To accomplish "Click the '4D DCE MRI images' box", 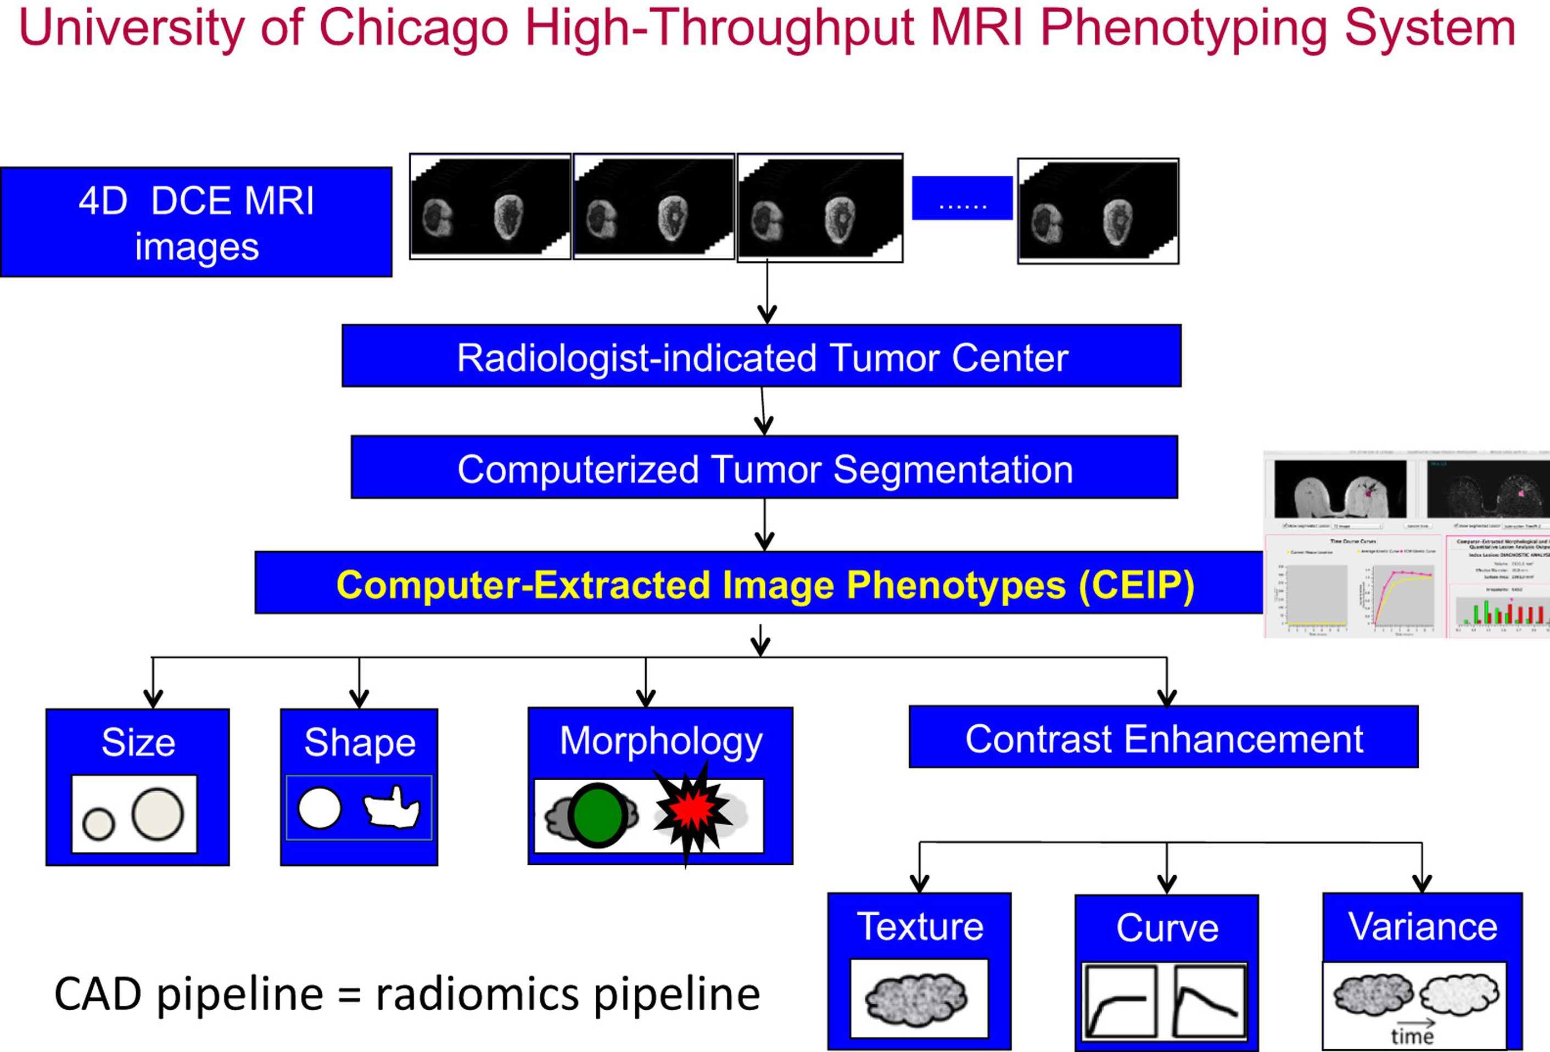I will [x=196, y=222].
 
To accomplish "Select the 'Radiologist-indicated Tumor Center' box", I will [x=761, y=356].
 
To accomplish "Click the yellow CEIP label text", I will [x=764, y=585].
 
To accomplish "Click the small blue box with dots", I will [x=962, y=198].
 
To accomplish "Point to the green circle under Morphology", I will [x=597, y=815].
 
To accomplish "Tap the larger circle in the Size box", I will [x=158, y=813].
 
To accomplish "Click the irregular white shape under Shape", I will [x=392, y=809].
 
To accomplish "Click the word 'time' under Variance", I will [x=1412, y=1036].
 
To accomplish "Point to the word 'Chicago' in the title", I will [x=413, y=28].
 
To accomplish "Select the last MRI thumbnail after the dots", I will [x=1098, y=211].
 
